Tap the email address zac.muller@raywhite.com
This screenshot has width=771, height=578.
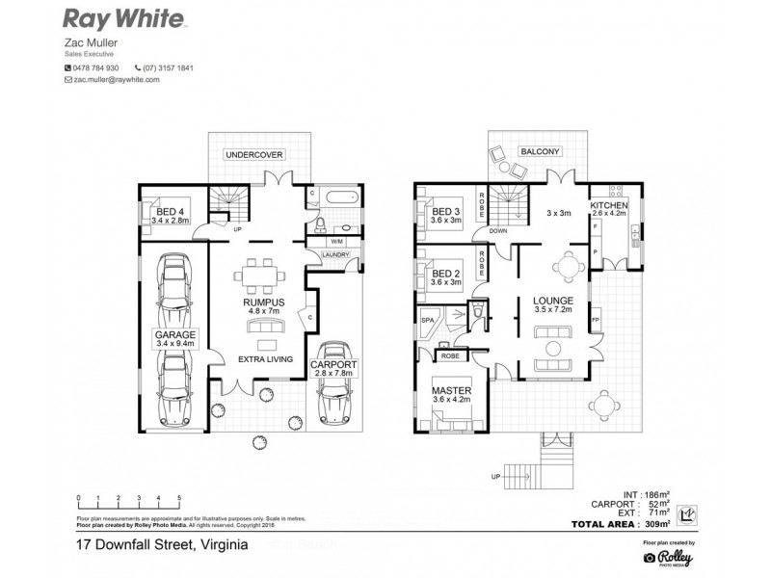coord(116,81)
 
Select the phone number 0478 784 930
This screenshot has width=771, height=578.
coord(96,67)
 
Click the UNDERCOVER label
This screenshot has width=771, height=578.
coord(253,154)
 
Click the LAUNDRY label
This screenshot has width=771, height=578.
coord(334,254)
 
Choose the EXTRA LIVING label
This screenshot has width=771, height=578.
coord(266,358)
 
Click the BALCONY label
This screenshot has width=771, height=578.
coord(540,152)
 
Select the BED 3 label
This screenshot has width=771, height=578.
coord(446,212)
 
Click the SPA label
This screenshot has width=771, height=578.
coord(428,317)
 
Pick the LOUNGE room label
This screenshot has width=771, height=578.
coord(553,302)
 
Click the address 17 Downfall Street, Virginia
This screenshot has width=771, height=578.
coord(162,545)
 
